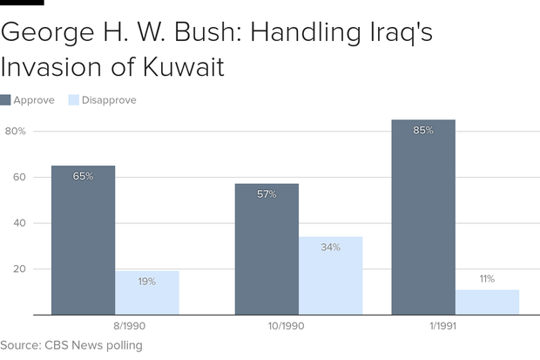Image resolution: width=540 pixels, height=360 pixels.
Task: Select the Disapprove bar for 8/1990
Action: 147,293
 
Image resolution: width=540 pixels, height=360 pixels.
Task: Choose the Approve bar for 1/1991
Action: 423,217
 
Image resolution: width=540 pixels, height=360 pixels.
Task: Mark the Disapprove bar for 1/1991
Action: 487,302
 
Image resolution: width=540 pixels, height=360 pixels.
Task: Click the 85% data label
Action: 423,131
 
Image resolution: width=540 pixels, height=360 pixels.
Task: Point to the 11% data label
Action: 487,279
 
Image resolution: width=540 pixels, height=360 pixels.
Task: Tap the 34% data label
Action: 330,248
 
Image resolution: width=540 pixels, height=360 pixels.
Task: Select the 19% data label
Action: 147,282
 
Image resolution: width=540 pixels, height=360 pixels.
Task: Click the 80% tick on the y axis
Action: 16,132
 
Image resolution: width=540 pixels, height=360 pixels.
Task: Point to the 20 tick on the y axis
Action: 20,269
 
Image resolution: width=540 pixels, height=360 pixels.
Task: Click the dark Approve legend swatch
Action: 6,100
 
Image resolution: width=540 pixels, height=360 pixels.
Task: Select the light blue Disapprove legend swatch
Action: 74,100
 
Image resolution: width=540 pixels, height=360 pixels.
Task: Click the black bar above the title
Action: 22,3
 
